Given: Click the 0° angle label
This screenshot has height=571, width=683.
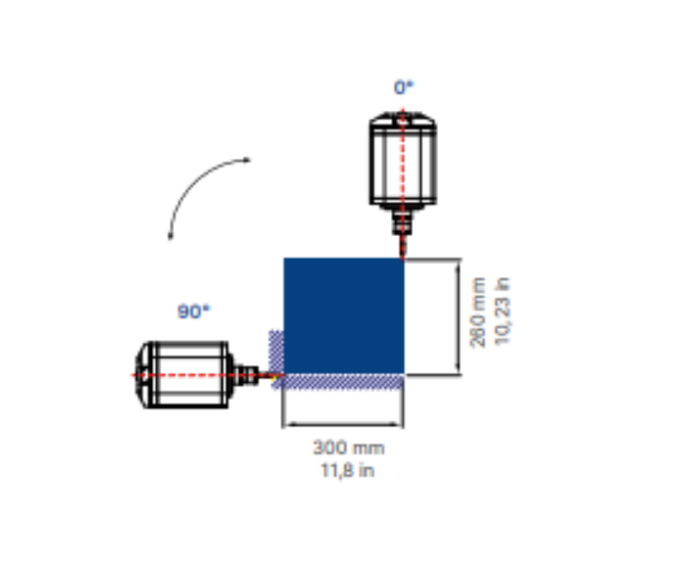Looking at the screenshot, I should point(403,87).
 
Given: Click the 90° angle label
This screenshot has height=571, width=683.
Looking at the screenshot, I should point(193,312).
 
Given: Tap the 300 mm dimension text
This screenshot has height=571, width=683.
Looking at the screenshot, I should point(347,447).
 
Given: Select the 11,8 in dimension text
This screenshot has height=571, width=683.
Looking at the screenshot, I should point(347,469).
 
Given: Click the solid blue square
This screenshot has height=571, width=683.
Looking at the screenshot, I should point(343,315).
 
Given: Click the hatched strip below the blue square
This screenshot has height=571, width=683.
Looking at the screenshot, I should point(341,380).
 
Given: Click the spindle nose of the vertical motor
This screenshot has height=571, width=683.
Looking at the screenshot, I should point(401,227).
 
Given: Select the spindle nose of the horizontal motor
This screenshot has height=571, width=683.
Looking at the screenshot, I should point(249,374).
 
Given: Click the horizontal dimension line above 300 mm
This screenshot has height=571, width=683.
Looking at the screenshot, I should point(342,424).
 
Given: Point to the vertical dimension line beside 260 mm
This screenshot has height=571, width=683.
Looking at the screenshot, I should point(460,316).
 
